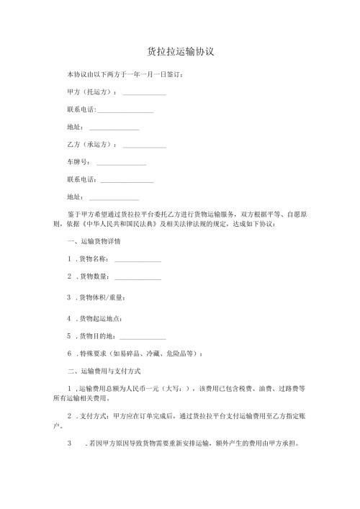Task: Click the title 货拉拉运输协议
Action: coord(181,53)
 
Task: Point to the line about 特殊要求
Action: coord(140,353)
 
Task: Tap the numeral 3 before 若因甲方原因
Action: coord(69,443)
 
